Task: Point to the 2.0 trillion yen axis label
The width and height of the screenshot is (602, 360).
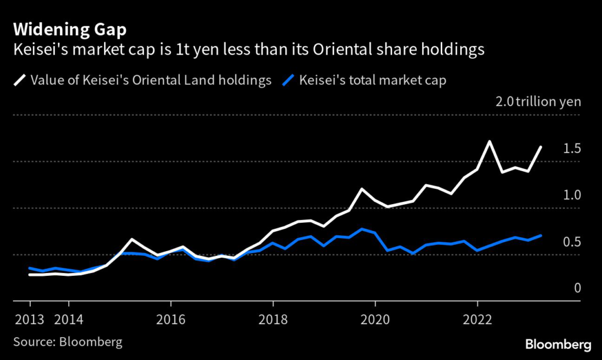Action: tap(538, 102)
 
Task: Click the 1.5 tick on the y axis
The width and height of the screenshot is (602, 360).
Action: tap(571, 149)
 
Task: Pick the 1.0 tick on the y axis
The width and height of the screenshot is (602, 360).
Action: tap(571, 195)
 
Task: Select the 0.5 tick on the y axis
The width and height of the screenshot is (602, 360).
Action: tap(571, 242)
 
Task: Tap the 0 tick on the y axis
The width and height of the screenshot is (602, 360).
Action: tap(577, 288)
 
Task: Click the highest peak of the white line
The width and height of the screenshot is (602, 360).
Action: tap(489, 142)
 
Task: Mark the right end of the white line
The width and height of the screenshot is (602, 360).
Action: tap(541, 147)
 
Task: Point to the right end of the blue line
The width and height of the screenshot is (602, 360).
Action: tap(541, 235)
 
